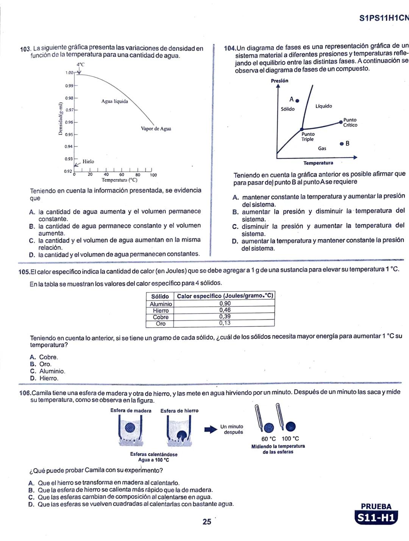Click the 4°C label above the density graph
[x=80, y=64]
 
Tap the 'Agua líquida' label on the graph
[x=114, y=101]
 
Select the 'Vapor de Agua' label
[x=156, y=129]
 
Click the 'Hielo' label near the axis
[x=88, y=162]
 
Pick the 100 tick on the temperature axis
[x=153, y=175]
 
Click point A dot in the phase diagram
[x=297, y=101]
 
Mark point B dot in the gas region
[x=342, y=144]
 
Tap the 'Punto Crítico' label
[x=350, y=123]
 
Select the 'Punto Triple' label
[x=308, y=137]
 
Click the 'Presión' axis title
[x=279, y=81]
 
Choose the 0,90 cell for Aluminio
[x=225, y=304]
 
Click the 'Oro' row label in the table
[x=161, y=324]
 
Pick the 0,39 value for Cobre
[x=225, y=316]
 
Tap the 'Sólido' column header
[x=160, y=296]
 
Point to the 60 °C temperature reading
[x=269, y=439]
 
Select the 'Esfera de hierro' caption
[x=179, y=411]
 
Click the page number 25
[x=207, y=522]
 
